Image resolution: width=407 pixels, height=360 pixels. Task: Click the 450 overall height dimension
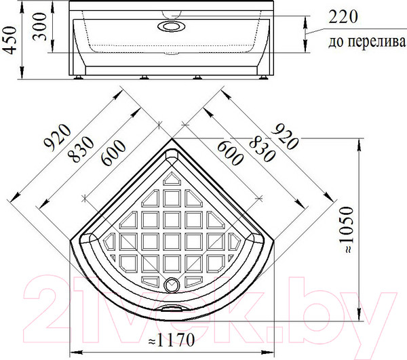[10, 40]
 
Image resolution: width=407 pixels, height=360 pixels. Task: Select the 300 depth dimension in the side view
[40, 26]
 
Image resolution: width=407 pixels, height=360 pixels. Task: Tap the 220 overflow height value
[343, 16]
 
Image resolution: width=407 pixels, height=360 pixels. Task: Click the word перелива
[376, 41]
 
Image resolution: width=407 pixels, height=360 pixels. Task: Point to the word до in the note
[336, 42]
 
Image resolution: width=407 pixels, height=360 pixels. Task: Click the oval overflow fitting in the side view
[172, 26]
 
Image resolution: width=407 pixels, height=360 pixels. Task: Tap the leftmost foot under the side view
[77, 77]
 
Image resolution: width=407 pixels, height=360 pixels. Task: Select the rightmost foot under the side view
[264, 77]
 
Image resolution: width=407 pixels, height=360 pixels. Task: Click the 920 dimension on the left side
[57, 138]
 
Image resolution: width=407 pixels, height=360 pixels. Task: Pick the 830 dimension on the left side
[81, 150]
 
